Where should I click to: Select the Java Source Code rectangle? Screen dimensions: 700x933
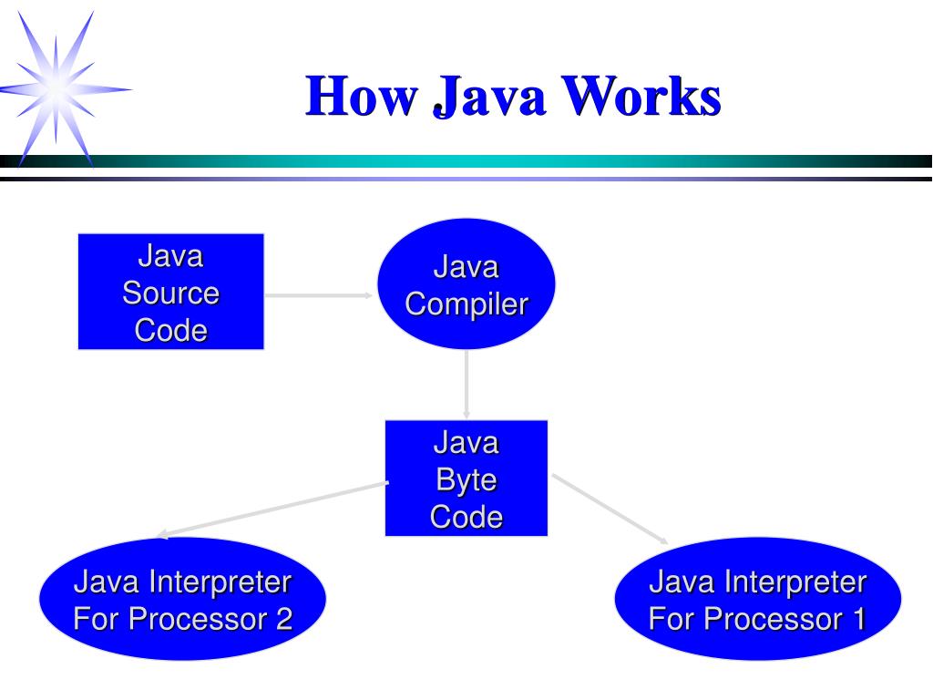[170, 292]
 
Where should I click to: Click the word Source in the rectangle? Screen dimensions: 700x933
[170, 293]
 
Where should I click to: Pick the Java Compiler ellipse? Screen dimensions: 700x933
[466, 285]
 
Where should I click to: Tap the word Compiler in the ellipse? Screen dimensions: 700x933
[466, 304]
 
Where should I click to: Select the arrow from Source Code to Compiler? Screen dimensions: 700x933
[319, 295]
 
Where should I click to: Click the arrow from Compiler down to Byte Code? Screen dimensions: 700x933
[466, 383]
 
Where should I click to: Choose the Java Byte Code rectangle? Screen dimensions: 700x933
[466, 479]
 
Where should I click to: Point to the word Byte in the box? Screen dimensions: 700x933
[466, 479]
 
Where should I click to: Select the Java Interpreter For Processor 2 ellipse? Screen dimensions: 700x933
[182, 600]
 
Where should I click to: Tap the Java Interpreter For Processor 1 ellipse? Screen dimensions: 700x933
[757, 600]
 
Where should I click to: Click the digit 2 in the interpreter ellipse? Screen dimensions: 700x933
[283, 620]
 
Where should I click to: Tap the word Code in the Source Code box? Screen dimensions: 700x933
[170, 330]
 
